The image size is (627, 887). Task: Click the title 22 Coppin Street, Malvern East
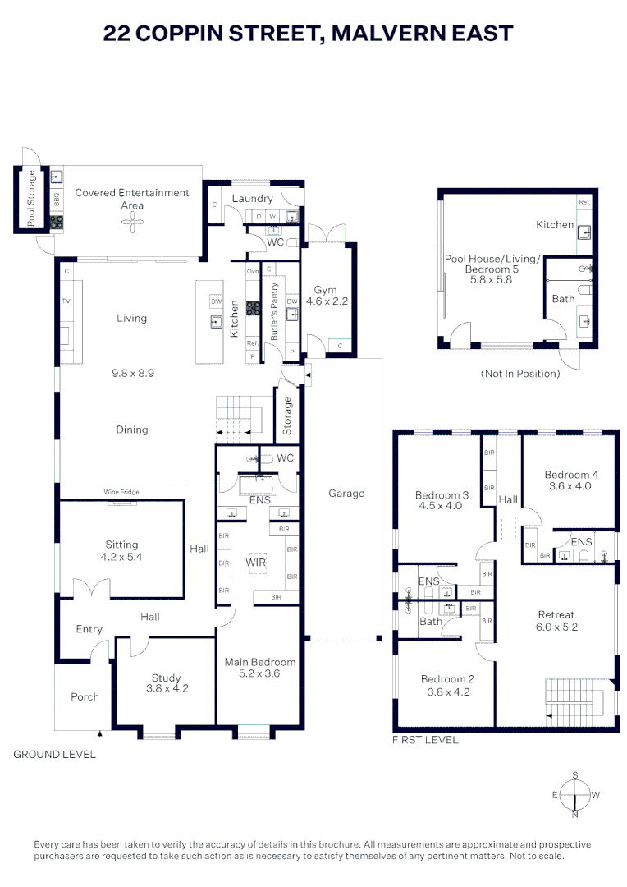[x=309, y=34]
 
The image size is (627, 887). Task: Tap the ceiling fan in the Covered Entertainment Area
[x=132, y=223]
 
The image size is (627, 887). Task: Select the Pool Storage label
[x=32, y=198]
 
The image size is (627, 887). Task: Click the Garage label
[x=346, y=493]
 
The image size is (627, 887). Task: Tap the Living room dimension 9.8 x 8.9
[x=131, y=372]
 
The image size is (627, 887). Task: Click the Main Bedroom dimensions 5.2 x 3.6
[x=260, y=673]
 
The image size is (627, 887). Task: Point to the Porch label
[x=85, y=696]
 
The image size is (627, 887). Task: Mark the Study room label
[x=166, y=678]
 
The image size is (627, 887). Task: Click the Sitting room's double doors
[x=88, y=590]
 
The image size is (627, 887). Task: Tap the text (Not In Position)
[x=520, y=374]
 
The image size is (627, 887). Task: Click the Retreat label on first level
[x=556, y=614]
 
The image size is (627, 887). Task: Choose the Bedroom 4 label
[x=571, y=474]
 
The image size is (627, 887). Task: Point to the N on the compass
[x=574, y=815]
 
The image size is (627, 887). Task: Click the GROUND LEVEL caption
[x=54, y=754]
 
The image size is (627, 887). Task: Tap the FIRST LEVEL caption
[x=426, y=740]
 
